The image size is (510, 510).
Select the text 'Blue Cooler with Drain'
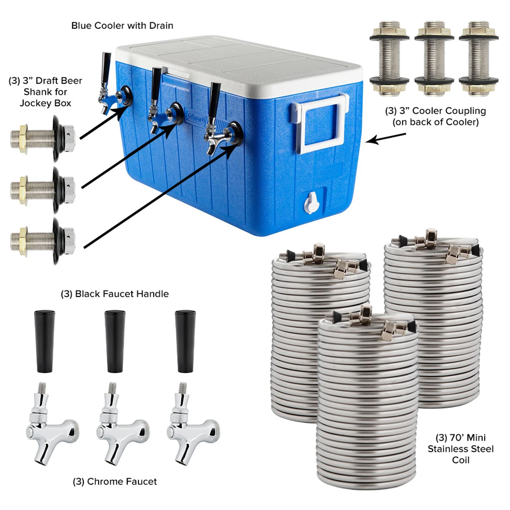[x=122, y=26]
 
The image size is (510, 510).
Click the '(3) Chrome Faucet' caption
[x=115, y=481]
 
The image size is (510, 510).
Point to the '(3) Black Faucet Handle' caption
[x=115, y=294]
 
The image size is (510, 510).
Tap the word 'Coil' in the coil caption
[x=461, y=460]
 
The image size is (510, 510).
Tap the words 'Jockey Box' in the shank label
[x=45, y=103]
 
